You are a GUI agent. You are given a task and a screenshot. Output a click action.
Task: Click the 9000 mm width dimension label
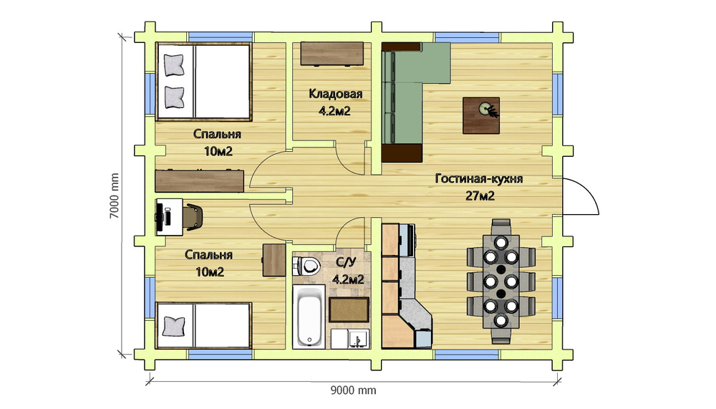[x=353, y=390]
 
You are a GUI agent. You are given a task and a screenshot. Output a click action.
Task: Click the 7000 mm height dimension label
[x=114, y=196]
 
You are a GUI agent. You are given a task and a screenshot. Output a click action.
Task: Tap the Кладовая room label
[x=336, y=94]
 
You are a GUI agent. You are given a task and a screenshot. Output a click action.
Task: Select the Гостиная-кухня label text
[x=478, y=178]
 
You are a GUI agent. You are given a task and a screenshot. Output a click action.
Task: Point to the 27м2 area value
[x=480, y=196]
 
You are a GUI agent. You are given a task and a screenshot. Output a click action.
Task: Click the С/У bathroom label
[x=346, y=262]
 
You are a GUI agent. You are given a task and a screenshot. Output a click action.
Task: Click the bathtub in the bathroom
[x=309, y=317]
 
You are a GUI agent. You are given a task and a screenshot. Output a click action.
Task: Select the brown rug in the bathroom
[x=349, y=310]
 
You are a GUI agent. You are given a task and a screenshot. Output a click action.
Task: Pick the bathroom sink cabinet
[x=350, y=339]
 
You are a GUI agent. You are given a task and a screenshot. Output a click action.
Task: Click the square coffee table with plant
[x=481, y=115]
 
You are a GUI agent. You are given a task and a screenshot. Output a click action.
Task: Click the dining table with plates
[x=501, y=281]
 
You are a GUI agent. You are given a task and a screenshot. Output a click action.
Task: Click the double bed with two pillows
[x=203, y=82]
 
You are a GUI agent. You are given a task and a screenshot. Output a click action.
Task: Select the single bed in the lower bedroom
[x=203, y=325]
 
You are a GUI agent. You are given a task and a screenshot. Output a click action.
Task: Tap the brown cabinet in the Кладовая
[x=332, y=54]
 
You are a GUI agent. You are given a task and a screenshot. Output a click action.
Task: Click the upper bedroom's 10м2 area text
[x=218, y=151]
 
